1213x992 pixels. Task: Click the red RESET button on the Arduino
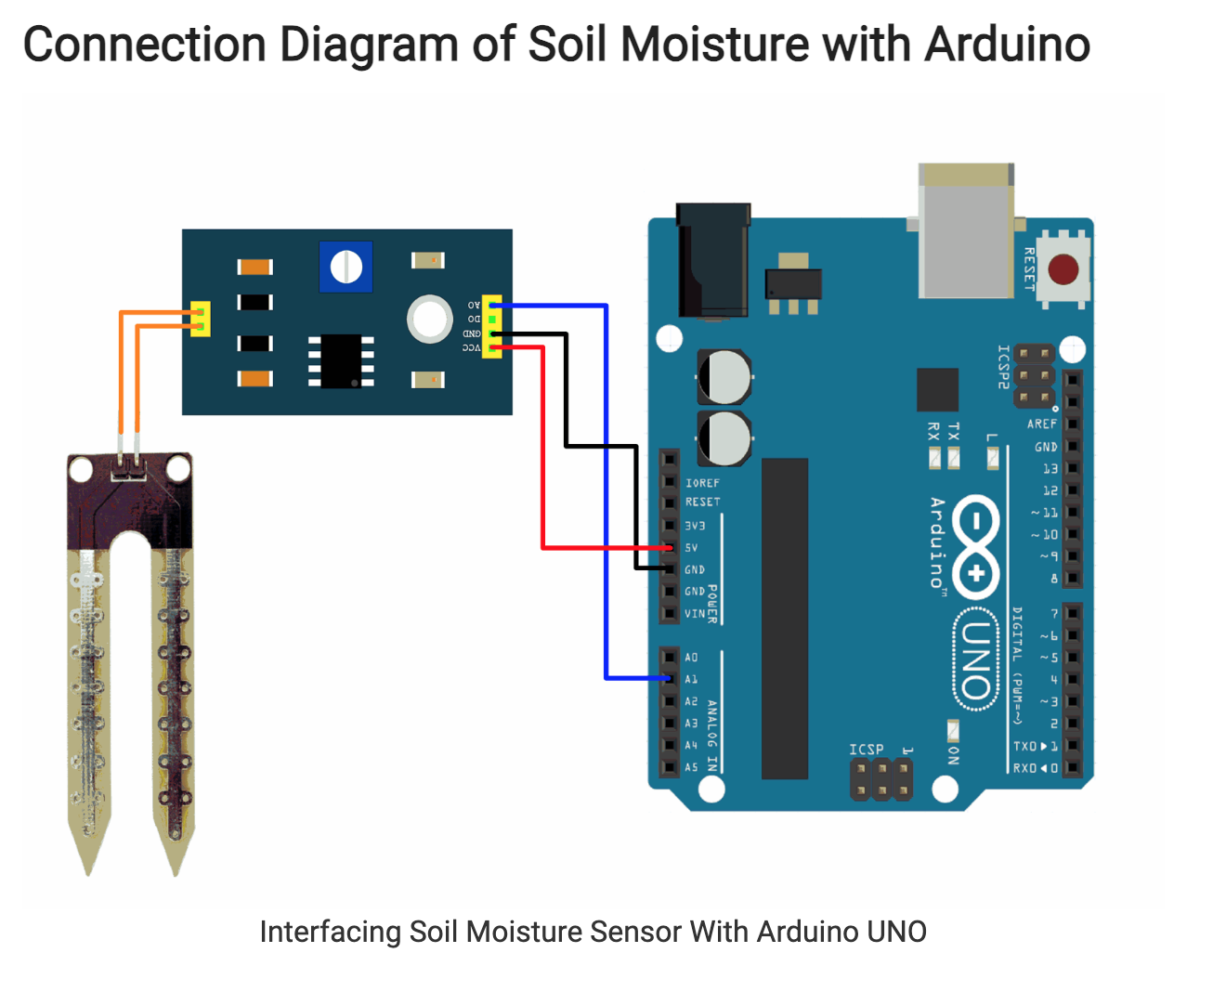pyautogui.click(x=1063, y=270)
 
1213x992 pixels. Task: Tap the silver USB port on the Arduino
pyautogui.click(x=965, y=232)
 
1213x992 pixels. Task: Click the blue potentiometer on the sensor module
pyautogui.click(x=346, y=267)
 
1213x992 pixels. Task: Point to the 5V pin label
pyautogui.click(x=691, y=548)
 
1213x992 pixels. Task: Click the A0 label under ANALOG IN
pyautogui.click(x=691, y=658)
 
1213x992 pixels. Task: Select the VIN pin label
pyautogui.click(x=695, y=614)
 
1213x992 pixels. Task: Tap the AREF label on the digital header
pyautogui.click(x=1041, y=424)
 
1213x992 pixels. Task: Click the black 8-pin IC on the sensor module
pyautogui.click(x=341, y=361)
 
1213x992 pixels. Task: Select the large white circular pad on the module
pyautogui.click(x=429, y=319)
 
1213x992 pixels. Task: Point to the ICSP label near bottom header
pyautogui.click(x=866, y=750)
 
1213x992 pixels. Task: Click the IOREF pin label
pyautogui.click(x=702, y=483)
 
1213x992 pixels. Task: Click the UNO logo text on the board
pyautogui.click(x=974, y=659)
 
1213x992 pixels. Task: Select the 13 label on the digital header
pyautogui.click(x=1050, y=469)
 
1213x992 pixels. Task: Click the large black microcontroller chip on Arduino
pyautogui.click(x=785, y=618)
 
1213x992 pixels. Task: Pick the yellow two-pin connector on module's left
pyautogui.click(x=200, y=319)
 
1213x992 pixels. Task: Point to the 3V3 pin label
pyautogui.click(x=695, y=526)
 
